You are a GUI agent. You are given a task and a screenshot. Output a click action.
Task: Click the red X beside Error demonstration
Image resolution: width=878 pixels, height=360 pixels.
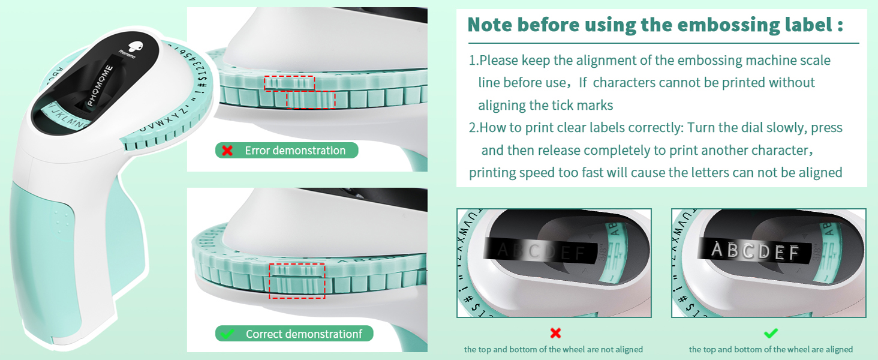(x=227, y=151)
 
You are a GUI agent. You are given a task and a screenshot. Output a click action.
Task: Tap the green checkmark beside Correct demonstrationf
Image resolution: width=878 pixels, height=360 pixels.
(x=227, y=334)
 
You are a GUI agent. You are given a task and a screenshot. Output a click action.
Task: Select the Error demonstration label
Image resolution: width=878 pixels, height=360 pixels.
(x=295, y=151)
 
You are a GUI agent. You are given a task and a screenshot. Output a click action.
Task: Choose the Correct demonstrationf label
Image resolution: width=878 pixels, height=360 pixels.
(x=303, y=334)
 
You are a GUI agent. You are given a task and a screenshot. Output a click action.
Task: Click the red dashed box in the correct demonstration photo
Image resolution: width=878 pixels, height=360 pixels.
(x=297, y=281)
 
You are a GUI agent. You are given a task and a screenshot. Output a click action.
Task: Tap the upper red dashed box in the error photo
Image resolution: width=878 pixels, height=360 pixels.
(x=290, y=83)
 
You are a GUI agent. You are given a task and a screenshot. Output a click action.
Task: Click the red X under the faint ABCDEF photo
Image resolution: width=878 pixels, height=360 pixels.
(x=555, y=332)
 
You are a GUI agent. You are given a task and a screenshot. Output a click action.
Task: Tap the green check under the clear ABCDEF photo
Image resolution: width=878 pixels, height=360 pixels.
(x=771, y=332)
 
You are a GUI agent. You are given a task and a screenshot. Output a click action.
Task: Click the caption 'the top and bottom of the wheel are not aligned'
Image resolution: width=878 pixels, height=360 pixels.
(x=554, y=349)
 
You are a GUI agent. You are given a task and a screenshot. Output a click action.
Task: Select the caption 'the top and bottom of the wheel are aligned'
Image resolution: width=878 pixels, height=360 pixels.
(x=771, y=349)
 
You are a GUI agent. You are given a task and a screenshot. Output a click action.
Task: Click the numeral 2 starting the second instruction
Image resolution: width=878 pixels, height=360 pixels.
(x=471, y=128)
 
